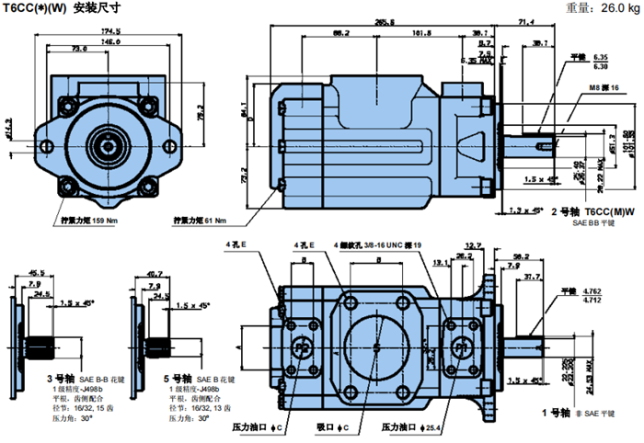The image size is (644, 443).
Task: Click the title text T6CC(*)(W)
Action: (x=34, y=8)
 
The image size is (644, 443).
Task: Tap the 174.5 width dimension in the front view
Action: (x=110, y=32)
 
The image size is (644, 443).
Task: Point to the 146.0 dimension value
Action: (x=110, y=41)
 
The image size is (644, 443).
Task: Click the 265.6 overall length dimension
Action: (x=397, y=21)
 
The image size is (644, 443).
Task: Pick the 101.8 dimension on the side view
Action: (x=422, y=34)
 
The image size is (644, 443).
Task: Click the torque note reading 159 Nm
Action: (x=91, y=221)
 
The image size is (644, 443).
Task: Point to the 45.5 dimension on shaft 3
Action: (x=38, y=273)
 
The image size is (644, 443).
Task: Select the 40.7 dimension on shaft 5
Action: (x=155, y=273)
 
